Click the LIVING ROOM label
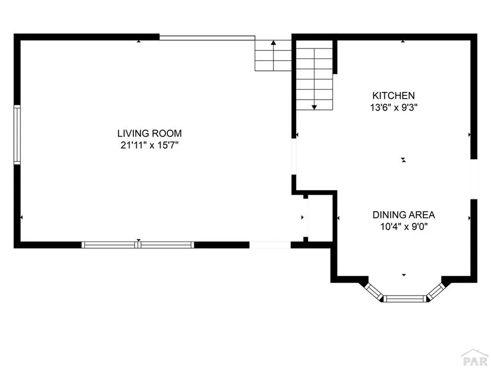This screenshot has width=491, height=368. (x=150, y=133)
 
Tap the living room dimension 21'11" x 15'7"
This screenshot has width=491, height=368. (x=150, y=145)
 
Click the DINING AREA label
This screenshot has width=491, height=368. (x=404, y=215)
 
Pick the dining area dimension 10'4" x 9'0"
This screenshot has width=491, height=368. (x=404, y=227)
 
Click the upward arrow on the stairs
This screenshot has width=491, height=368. (x=273, y=43)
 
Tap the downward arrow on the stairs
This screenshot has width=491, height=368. (x=314, y=107)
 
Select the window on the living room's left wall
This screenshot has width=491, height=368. (x=17, y=135)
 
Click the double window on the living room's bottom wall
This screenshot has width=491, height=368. (x=138, y=245)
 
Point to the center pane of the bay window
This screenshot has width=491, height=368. (x=405, y=299)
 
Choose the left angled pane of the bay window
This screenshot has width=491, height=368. (x=373, y=290)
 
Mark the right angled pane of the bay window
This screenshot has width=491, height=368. (x=436, y=290)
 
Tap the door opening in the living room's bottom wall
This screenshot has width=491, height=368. (x=269, y=245)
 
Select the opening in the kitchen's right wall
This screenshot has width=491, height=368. (x=473, y=179)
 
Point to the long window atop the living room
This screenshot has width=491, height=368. (x=207, y=37)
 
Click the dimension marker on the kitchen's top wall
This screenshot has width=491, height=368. (x=403, y=42)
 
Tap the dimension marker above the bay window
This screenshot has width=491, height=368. (x=404, y=275)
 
